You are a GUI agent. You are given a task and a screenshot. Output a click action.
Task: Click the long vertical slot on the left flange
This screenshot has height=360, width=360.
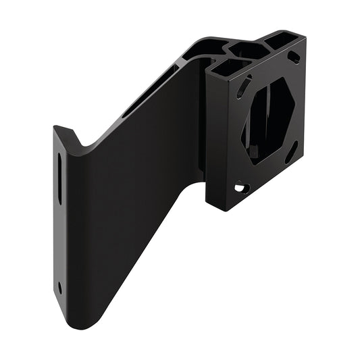click(59, 178)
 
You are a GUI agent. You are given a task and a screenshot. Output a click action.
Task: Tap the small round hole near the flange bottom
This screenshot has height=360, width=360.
click(60, 286)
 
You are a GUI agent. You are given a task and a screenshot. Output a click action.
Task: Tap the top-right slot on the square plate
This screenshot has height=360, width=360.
click(294, 57)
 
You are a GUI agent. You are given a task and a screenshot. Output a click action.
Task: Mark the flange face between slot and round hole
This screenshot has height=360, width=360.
click(60, 250)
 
